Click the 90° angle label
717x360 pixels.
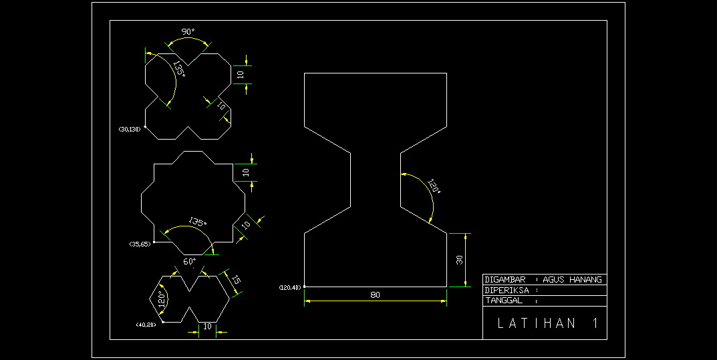tap(188, 31)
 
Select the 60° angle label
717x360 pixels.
tap(190, 261)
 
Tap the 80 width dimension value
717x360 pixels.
tap(375, 295)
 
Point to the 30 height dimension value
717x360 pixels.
tap(460, 260)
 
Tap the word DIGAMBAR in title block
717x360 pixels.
tap(506, 280)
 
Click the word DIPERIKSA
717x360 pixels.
tap(507, 291)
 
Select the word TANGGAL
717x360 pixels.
tap(504, 301)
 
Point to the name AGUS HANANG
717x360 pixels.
tap(573, 280)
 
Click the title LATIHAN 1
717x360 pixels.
tap(547, 324)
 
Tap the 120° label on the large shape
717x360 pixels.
tap(434, 188)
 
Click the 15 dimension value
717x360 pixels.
tap(235, 281)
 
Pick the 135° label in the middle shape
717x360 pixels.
tap(197, 221)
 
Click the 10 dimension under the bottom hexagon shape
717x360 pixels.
tap(207, 326)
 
